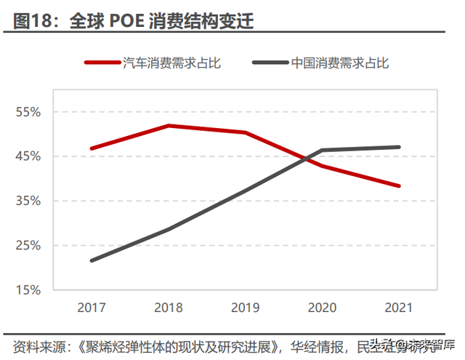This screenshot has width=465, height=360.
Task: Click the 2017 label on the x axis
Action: coord(92,307)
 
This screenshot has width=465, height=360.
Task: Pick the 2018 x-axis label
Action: coord(169,307)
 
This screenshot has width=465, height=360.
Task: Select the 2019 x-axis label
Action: coord(246,307)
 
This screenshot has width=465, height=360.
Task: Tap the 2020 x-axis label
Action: coord(322,307)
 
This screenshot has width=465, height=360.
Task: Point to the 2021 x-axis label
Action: coord(399,307)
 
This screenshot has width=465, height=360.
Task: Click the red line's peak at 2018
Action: coord(169,126)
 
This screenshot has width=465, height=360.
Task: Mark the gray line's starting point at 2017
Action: coord(92,260)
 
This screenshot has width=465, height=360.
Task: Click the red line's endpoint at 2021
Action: coord(399,185)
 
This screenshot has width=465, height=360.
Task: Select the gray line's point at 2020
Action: coord(322,151)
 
